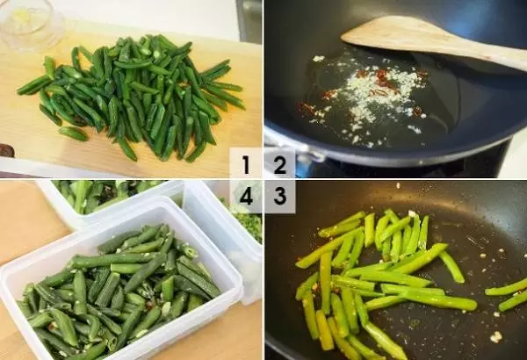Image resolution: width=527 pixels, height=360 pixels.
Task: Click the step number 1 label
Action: point(246,164)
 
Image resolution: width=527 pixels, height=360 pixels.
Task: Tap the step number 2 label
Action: point(280,164)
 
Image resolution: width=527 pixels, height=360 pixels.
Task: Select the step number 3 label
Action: point(280,196)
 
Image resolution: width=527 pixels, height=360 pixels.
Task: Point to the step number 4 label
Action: point(246,196)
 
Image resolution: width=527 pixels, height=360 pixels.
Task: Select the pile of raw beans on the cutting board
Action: point(134,97)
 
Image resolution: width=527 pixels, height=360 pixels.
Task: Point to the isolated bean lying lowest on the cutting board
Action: point(73,133)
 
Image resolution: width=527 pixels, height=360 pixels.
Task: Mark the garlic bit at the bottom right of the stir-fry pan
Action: point(495,336)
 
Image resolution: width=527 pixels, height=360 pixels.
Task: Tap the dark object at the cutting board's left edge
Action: point(7,150)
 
